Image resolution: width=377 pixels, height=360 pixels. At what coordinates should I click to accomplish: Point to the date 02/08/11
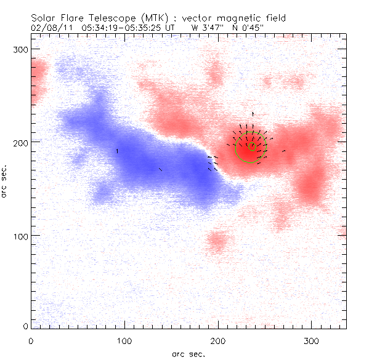(x=50, y=27)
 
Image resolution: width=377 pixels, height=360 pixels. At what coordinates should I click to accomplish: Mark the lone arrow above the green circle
(x=253, y=114)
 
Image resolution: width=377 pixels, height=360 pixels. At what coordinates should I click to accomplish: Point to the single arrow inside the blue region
(x=117, y=150)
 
